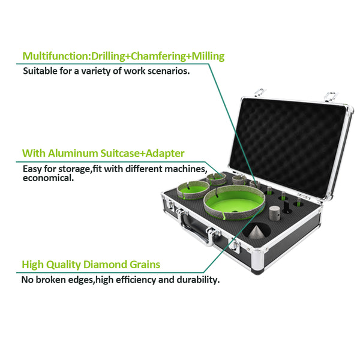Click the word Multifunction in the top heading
(56, 56)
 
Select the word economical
(48, 178)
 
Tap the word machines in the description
(186, 169)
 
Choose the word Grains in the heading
(145, 265)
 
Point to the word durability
(198, 280)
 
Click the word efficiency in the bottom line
(137, 280)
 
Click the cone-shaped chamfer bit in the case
(256, 232)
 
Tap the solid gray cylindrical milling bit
(275, 213)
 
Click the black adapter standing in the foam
(286, 207)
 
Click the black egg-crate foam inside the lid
(289, 146)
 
